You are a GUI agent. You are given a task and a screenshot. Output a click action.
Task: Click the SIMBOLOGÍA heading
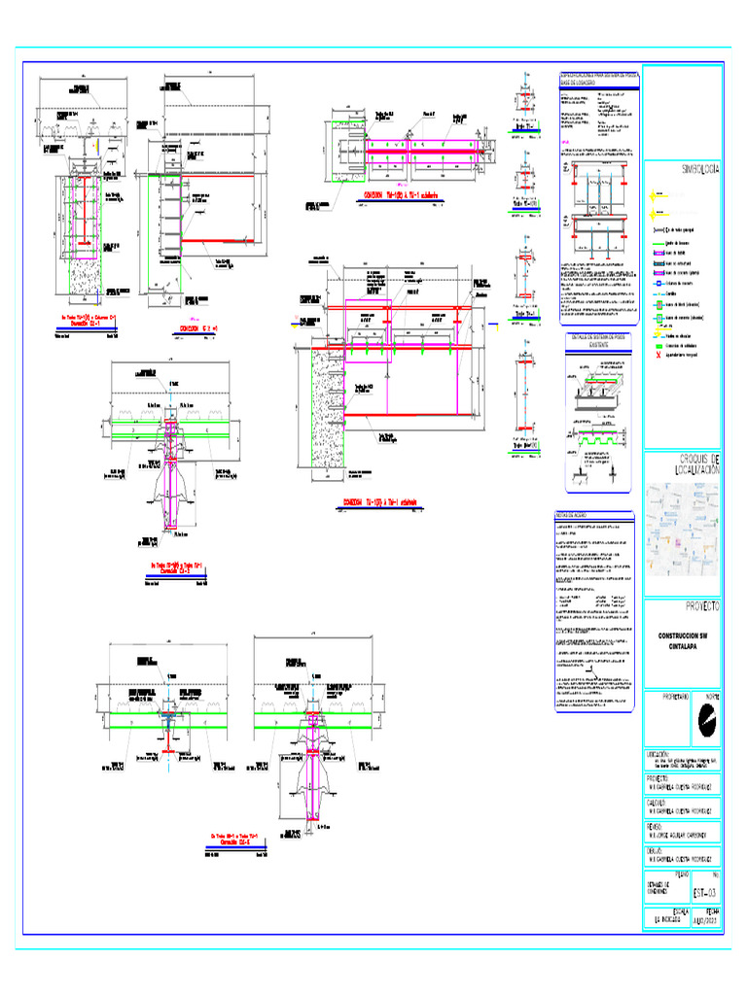(x=699, y=168)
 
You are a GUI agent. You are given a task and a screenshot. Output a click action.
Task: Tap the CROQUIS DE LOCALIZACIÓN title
(x=699, y=463)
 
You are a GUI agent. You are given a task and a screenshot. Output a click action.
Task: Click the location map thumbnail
(x=683, y=529)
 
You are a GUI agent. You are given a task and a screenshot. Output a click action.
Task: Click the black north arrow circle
(x=706, y=720)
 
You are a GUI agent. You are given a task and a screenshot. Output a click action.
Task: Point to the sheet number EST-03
(x=705, y=892)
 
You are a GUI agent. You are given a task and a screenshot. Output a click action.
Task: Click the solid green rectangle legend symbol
(x=658, y=344)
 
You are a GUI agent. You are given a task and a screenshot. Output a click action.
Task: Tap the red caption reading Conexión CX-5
(x=233, y=841)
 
